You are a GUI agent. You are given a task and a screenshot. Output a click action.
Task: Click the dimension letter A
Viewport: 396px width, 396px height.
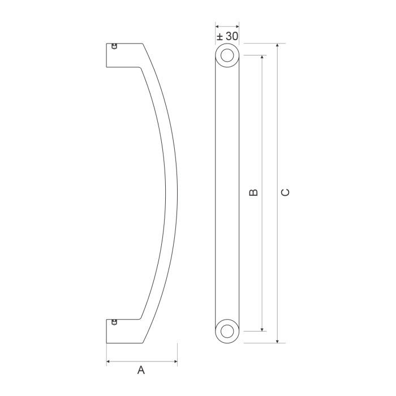(x=141, y=371)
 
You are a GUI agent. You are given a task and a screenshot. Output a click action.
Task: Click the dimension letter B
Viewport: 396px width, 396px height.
(x=254, y=192)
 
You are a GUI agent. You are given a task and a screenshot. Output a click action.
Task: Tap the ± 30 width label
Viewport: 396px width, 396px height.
(x=227, y=36)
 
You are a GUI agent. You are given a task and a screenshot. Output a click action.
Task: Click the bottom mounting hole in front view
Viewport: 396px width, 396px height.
(x=227, y=330)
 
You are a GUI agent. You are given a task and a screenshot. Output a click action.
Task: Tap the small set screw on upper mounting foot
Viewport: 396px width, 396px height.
(x=115, y=46)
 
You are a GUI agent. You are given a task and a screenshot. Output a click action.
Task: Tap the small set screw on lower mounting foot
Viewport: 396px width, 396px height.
(x=115, y=322)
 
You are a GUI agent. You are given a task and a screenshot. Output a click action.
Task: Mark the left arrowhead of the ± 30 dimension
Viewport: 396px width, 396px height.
(x=217, y=25)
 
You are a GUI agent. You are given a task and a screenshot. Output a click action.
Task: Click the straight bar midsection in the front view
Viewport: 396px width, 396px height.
(x=227, y=192)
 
